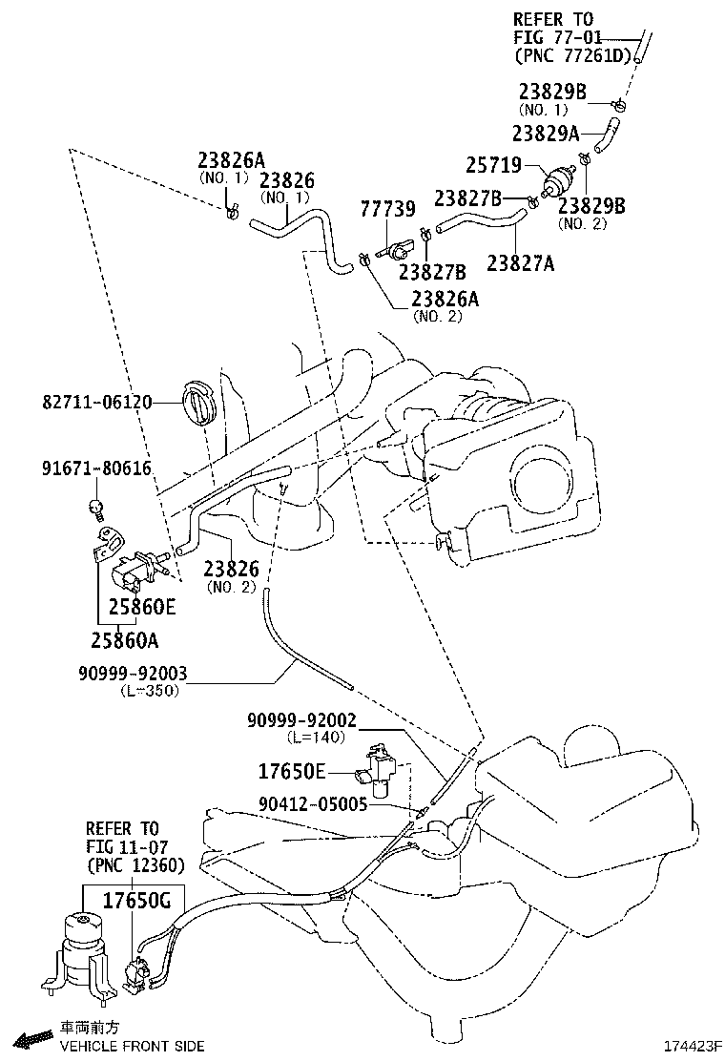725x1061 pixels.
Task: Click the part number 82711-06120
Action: click(x=96, y=403)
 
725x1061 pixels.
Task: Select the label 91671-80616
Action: click(x=96, y=468)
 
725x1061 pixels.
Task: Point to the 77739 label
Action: click(x=387, y=209)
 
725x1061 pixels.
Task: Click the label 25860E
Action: click(x=141, y=605)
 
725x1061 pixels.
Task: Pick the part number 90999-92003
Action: click(x=133, y=674)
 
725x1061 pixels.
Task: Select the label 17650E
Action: click(x=292, y=770)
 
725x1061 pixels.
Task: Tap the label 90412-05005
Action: click(x=312, y=804)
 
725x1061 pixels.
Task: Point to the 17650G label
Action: click(x=136, y=898)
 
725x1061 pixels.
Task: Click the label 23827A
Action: click(x=520, y=261)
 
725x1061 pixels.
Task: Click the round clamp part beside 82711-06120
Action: click(x=199, y=403)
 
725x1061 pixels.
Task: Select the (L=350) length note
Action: click(x=150, y=691)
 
